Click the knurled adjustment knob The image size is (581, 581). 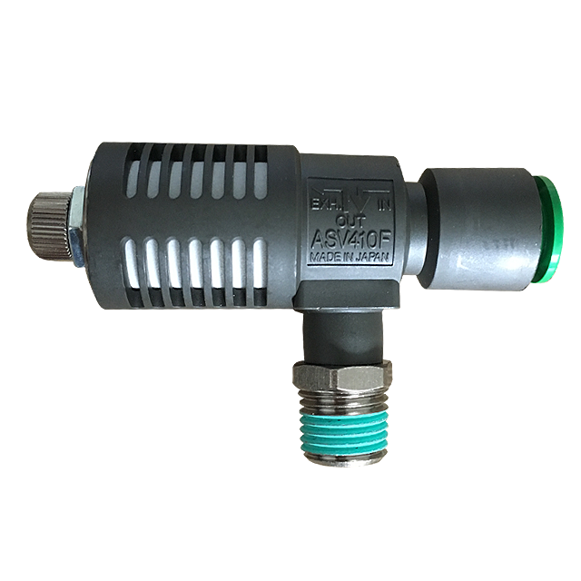[50, 227]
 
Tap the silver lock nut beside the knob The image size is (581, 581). [77, 226]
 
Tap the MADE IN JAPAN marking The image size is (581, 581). [350, 258]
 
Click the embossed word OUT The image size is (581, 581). [350, 222]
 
